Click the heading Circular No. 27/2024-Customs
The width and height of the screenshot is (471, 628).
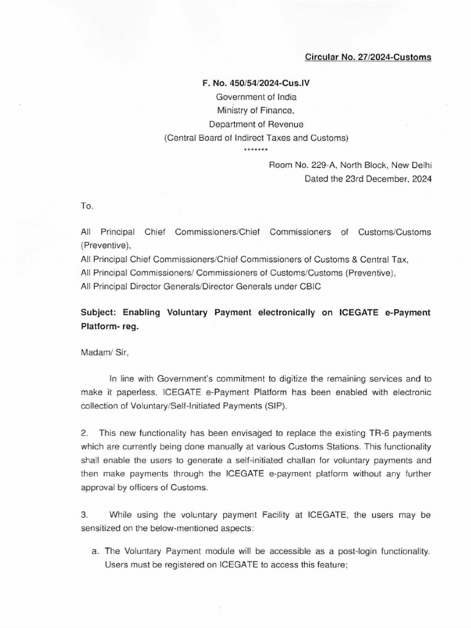click(x=368, y=57)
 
